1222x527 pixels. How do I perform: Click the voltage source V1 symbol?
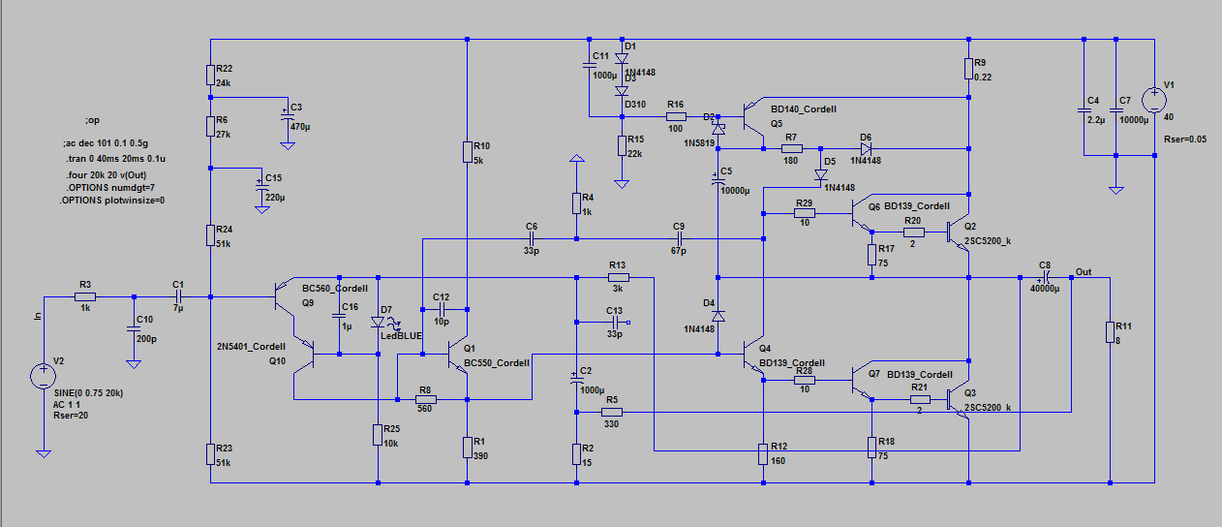[1154, 100]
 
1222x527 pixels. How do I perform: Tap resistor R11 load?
[1109, 333]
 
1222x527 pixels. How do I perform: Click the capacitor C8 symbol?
[1047, 277]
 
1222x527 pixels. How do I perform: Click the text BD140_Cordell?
[804, 109]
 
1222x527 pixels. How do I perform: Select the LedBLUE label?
[401, 335]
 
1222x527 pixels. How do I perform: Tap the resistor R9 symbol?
[968, 67]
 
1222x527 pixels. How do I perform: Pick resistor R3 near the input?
[85, 296]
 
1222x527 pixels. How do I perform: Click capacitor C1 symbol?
[178, 296]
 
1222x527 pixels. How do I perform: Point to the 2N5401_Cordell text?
[253, 346]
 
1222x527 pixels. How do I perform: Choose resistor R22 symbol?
[210, 74]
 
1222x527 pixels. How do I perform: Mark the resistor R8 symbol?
[423, 399]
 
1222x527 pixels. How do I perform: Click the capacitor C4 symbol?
[1084, 110]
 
